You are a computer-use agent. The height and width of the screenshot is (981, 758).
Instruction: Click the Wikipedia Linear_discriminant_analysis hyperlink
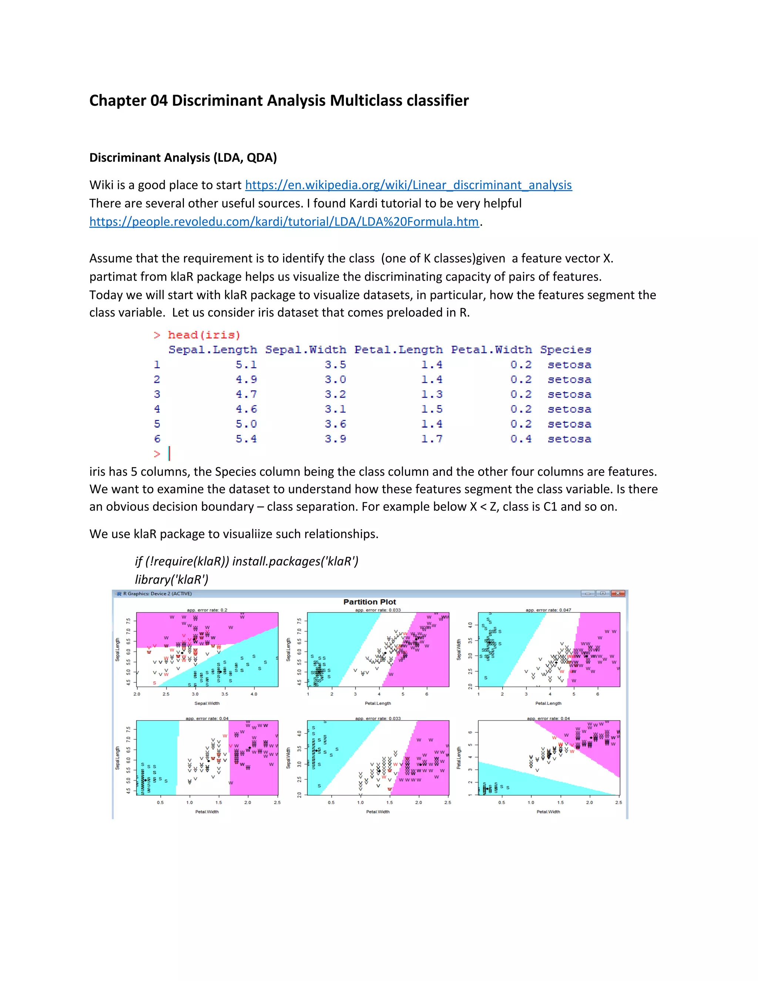click(x=408, y=185)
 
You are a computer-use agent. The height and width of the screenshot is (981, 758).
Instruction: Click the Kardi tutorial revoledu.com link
click(x=284, y=221)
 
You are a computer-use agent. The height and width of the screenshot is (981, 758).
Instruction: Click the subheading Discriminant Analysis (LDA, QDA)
click(x=183, y=158)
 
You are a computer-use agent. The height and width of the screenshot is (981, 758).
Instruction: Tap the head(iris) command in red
click(x=204, y=335)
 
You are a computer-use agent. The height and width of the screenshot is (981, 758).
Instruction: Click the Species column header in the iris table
click(x=566, y=350)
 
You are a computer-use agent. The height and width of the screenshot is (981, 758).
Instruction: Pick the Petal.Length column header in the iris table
click(x=398, y=350)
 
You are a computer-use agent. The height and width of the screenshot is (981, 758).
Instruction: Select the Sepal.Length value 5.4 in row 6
click(x=246, y=439)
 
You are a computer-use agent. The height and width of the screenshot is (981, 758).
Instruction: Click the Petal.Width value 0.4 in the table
click(x=520, y=439)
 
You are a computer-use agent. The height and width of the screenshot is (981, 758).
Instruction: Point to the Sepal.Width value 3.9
click(x=335, y=439)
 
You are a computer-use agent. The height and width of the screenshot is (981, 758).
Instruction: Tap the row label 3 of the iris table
click(x=157, y=394)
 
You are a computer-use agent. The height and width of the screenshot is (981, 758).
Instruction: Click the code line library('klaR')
click(x=171, y=579)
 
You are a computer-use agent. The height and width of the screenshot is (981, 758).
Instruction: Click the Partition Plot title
click(x=370, y=602)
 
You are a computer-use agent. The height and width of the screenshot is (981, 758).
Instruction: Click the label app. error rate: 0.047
click(x=548, y=610)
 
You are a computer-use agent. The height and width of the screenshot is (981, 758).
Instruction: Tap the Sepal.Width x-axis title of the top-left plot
click(x=207, y=703)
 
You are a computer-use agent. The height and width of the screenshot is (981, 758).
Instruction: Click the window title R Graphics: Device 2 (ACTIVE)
click(x=157, y=594)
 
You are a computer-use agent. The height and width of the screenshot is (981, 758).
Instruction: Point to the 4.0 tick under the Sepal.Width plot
click(x=254, y=694)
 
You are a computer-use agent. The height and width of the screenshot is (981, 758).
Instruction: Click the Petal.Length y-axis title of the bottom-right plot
click(x=459, y=758)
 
